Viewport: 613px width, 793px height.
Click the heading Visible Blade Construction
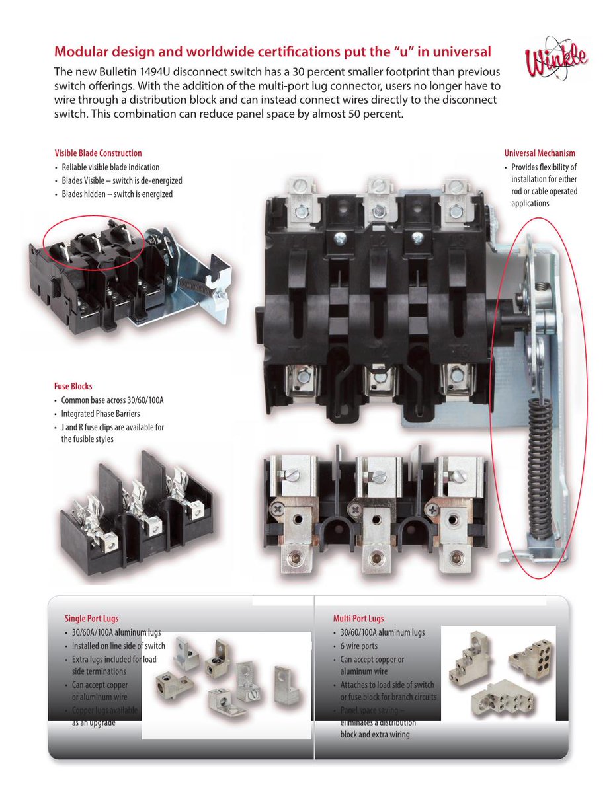(98, 153)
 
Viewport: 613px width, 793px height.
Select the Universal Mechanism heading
(540, 153)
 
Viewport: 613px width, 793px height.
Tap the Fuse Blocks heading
(73, 386)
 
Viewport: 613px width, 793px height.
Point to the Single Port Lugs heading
(92, 619)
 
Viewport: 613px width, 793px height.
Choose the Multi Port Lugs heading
(358, 619)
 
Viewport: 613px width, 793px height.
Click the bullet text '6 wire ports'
(359, 646)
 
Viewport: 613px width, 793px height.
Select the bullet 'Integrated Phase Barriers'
(101, 414)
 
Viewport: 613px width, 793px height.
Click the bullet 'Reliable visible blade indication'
(110, 167)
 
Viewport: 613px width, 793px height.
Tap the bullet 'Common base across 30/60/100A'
(112, 400)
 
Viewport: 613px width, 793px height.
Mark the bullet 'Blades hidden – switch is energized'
(117, 194)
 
